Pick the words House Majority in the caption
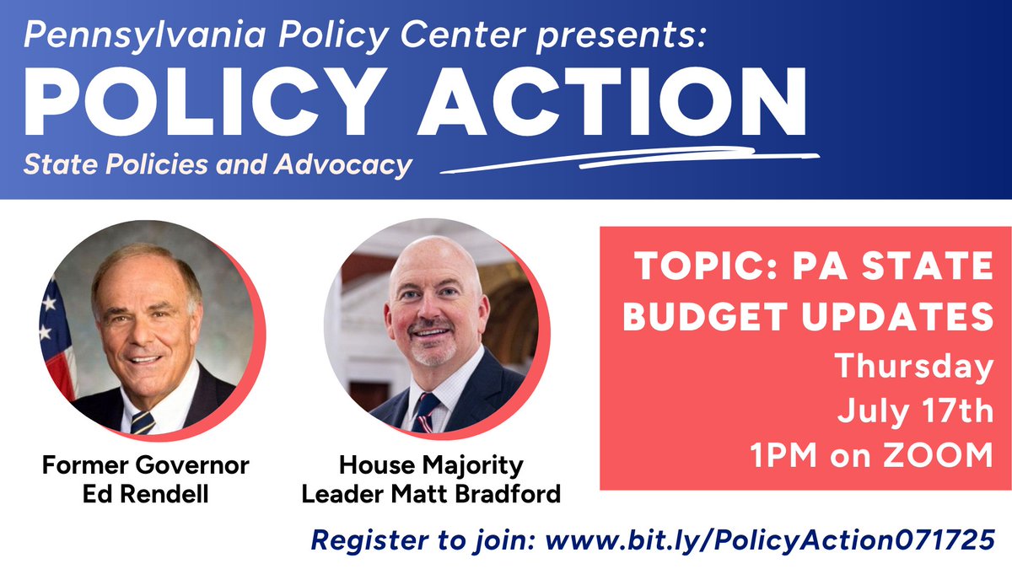coord(431,465)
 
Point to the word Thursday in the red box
coord(913,368)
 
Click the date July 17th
coord(915,412)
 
